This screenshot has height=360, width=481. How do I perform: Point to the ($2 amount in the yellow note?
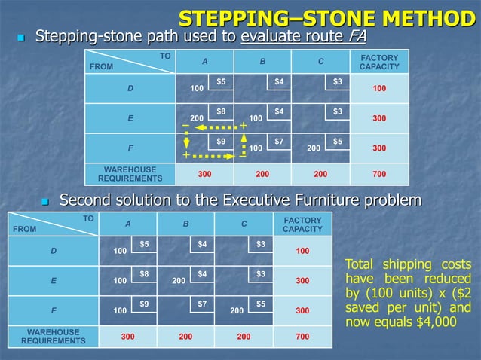coord(461,294)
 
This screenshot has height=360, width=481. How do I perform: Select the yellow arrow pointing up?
coord(244,142)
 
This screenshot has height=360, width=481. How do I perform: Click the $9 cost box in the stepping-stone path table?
coord(221,142)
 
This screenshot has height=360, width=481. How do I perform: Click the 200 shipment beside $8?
coord(197,118)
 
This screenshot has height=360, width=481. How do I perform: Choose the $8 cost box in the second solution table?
coord(144,275)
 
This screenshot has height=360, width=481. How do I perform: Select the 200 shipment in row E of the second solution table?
coord(179,280)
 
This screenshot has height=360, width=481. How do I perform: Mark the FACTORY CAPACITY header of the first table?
coord(379,62)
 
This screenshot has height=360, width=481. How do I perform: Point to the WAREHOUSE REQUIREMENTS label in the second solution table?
coord(53,336)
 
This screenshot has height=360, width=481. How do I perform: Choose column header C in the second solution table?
coord(244,223)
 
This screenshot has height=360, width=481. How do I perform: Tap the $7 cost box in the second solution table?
coord(202,304)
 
